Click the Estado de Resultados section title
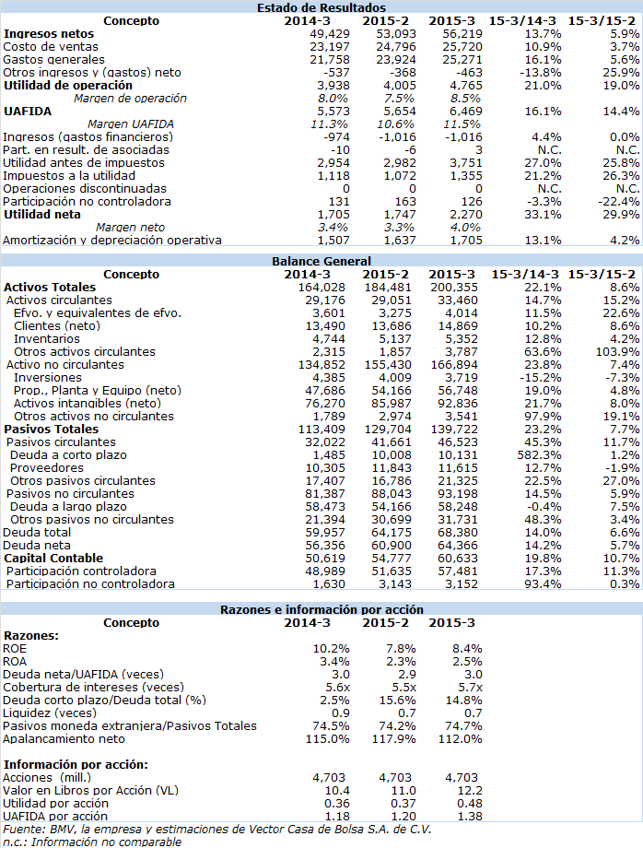click(321, 7)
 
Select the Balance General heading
click(321, 261)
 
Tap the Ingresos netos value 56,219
click(462, 34)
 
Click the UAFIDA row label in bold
click(28, 112)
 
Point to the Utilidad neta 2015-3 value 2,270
click(466, 215)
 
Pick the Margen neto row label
click(130, 228)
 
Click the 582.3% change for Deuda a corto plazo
click(539, 455)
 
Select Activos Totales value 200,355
click(454, 288)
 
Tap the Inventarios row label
click(46, 339)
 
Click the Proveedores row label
click(46, 468)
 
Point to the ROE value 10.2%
click(332, 649)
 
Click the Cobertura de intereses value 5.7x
click(470, 688)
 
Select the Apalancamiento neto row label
click(64, 739)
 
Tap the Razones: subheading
click(30, 636)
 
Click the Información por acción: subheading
click(76, 765)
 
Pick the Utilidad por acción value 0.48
click(470, 804)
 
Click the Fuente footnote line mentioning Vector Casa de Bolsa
click(217, 830)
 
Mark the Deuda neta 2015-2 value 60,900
click(392, 546)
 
